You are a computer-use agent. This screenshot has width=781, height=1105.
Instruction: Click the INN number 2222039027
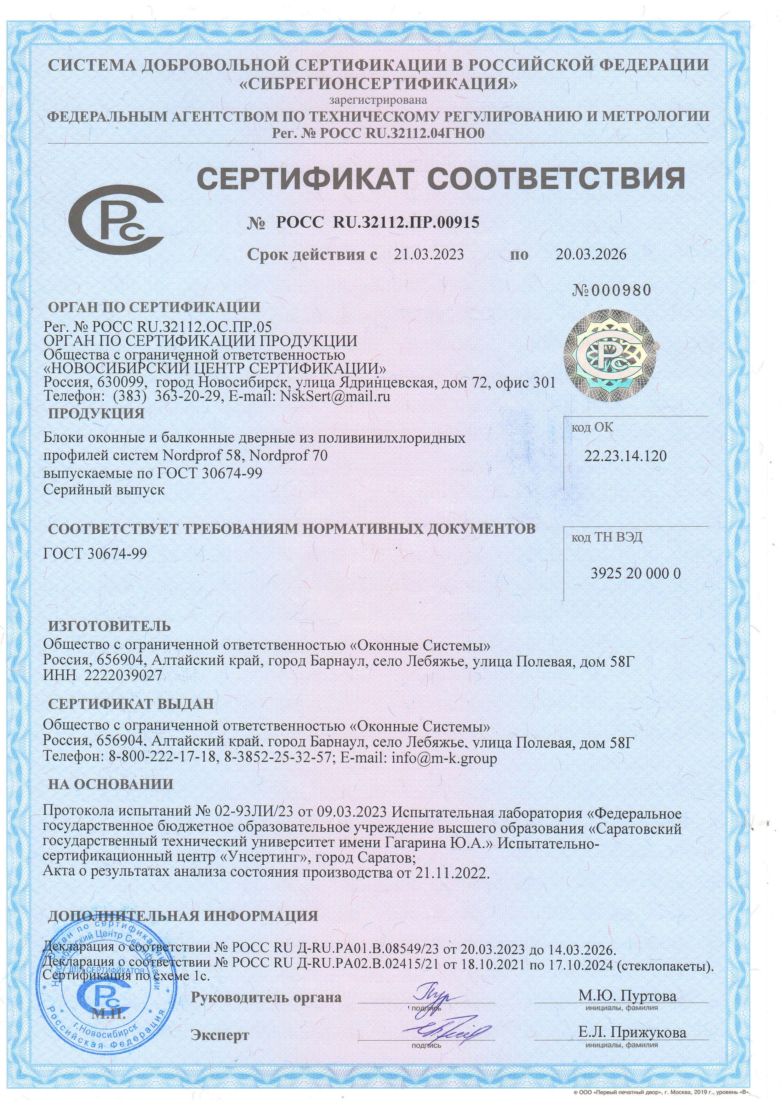click(123, 676)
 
